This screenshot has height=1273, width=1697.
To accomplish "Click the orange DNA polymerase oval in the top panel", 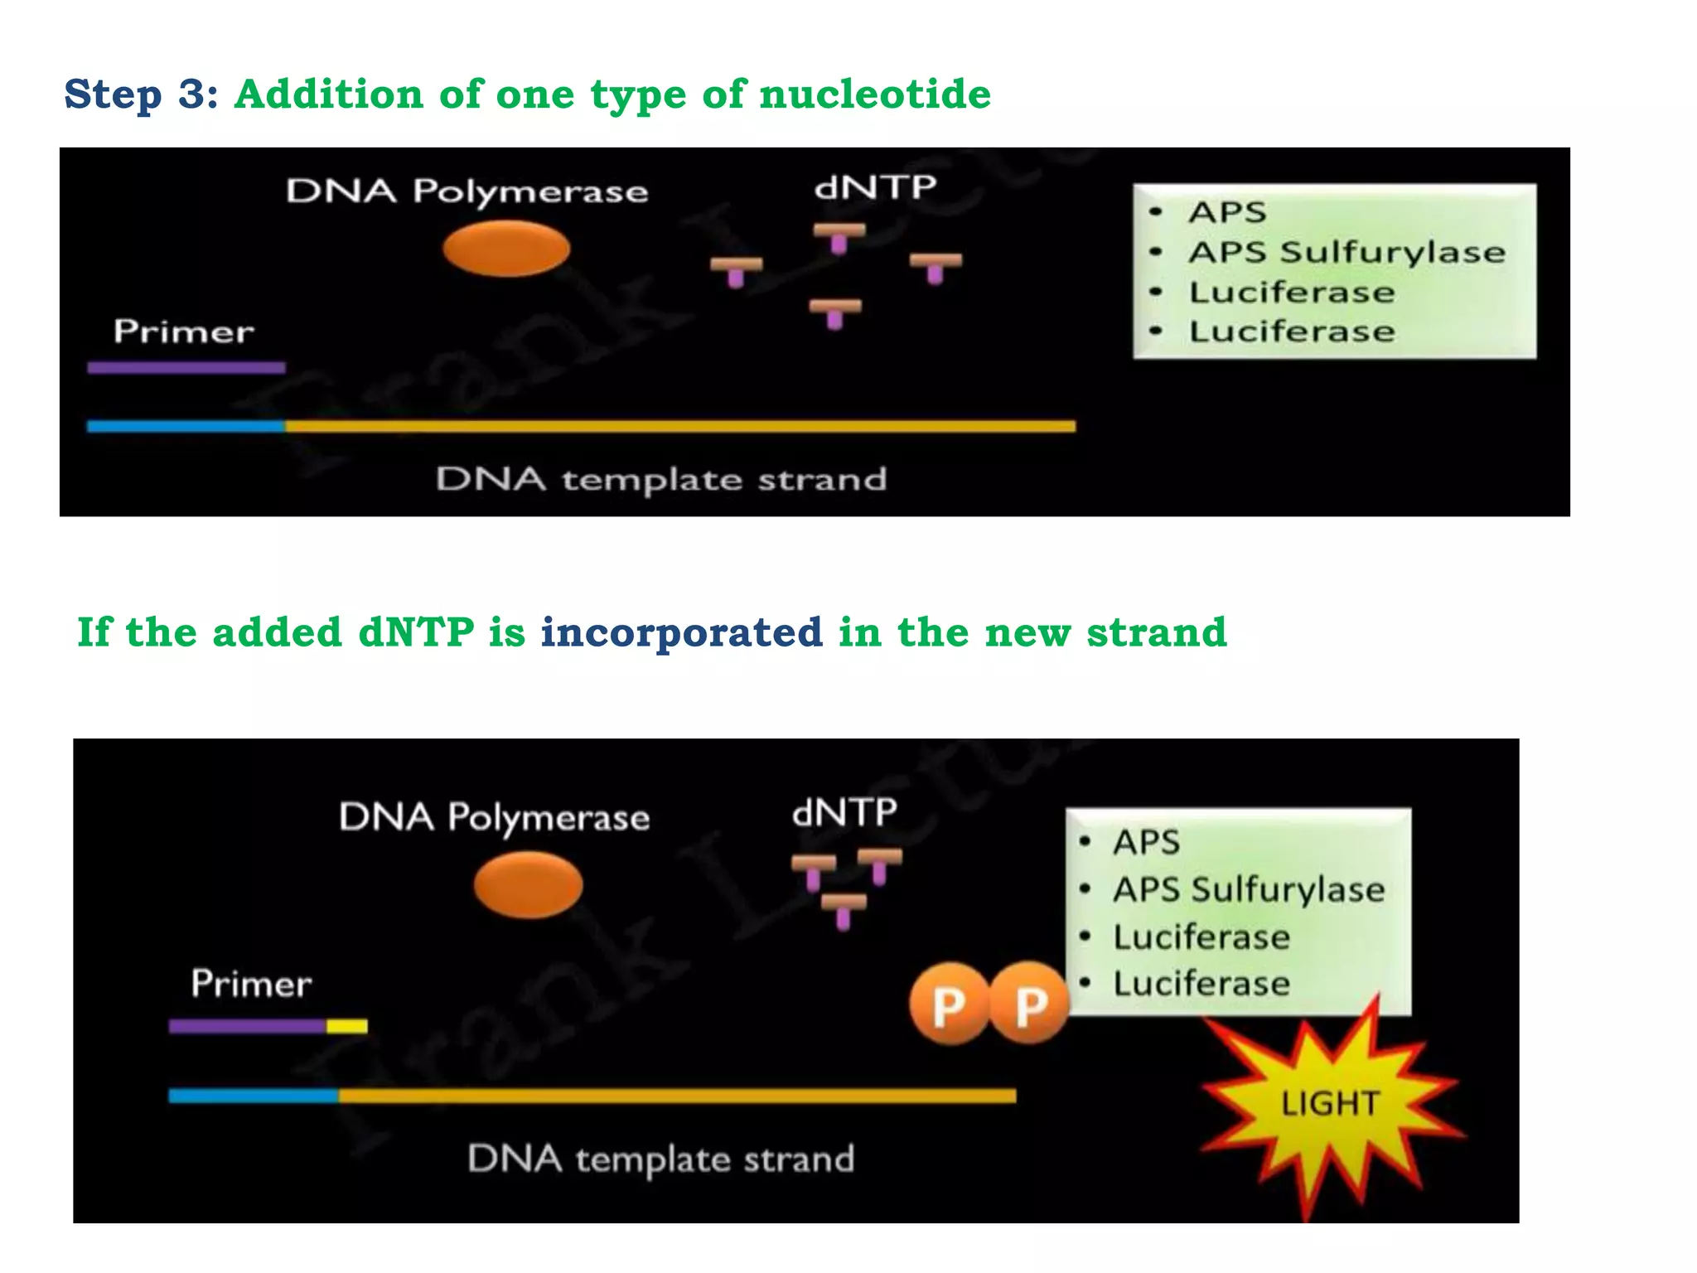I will pyautogui.click(x=506, y=249).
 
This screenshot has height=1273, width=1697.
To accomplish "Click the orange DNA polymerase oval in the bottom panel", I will pyautogui.click(x=528, y=884).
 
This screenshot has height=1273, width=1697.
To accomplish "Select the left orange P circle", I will pyautogui.click(x=949, y=1004).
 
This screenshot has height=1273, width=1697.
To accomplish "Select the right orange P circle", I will pyautogui.click(x=1029, y=1004).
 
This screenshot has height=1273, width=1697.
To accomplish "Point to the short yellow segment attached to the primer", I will pyautogui.click(x=346, y=1027).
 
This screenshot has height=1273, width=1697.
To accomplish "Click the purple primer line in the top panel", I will pyautogui.click(x=186, y=367).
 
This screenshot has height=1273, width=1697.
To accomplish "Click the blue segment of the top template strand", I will pyautogui.click(x=186, y=426).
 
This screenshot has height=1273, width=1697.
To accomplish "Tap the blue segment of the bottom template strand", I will pyautogui.click(x=253, y=1096).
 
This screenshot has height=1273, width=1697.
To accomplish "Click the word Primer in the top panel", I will pyautogui.click(x=183, y=332).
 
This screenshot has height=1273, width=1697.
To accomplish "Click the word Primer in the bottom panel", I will pyautogui.click(x=251, y=984).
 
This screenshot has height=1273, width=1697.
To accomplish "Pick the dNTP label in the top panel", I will pyautogui.click(x=875, y=188).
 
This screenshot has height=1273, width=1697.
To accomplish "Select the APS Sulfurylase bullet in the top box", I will pyautogui.click(x=1346, y=253).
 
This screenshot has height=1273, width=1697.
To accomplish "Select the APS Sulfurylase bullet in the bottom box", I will pyautogui.click(x=1248, y=890).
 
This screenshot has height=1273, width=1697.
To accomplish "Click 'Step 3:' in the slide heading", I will pyautogui.click(x=141, y=94).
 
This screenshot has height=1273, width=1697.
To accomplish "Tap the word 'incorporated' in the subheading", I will pyautogui.click(x=681, y=632).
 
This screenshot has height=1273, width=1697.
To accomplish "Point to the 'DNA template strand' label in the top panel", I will pyautogui.click(x=661, y=479).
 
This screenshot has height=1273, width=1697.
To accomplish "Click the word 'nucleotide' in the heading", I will pyautogui.click(x=874, y=94).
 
